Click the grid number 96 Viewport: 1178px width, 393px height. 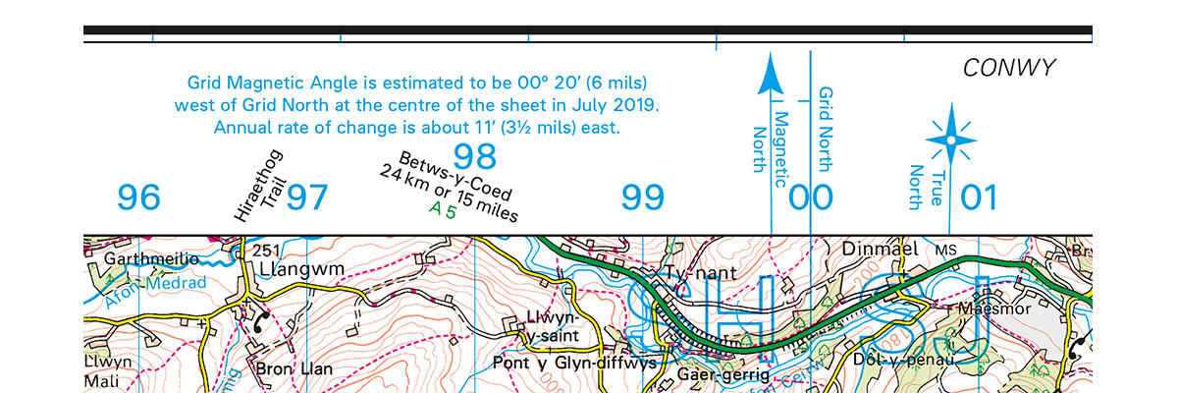click(138, 198)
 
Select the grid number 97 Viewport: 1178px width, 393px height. click(307, 198)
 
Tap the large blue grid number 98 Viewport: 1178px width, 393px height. click(474, 156)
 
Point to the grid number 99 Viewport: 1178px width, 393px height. click(644, 198)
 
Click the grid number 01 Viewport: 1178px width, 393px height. click(979, 198)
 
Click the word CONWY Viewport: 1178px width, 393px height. click(1008, 68)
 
